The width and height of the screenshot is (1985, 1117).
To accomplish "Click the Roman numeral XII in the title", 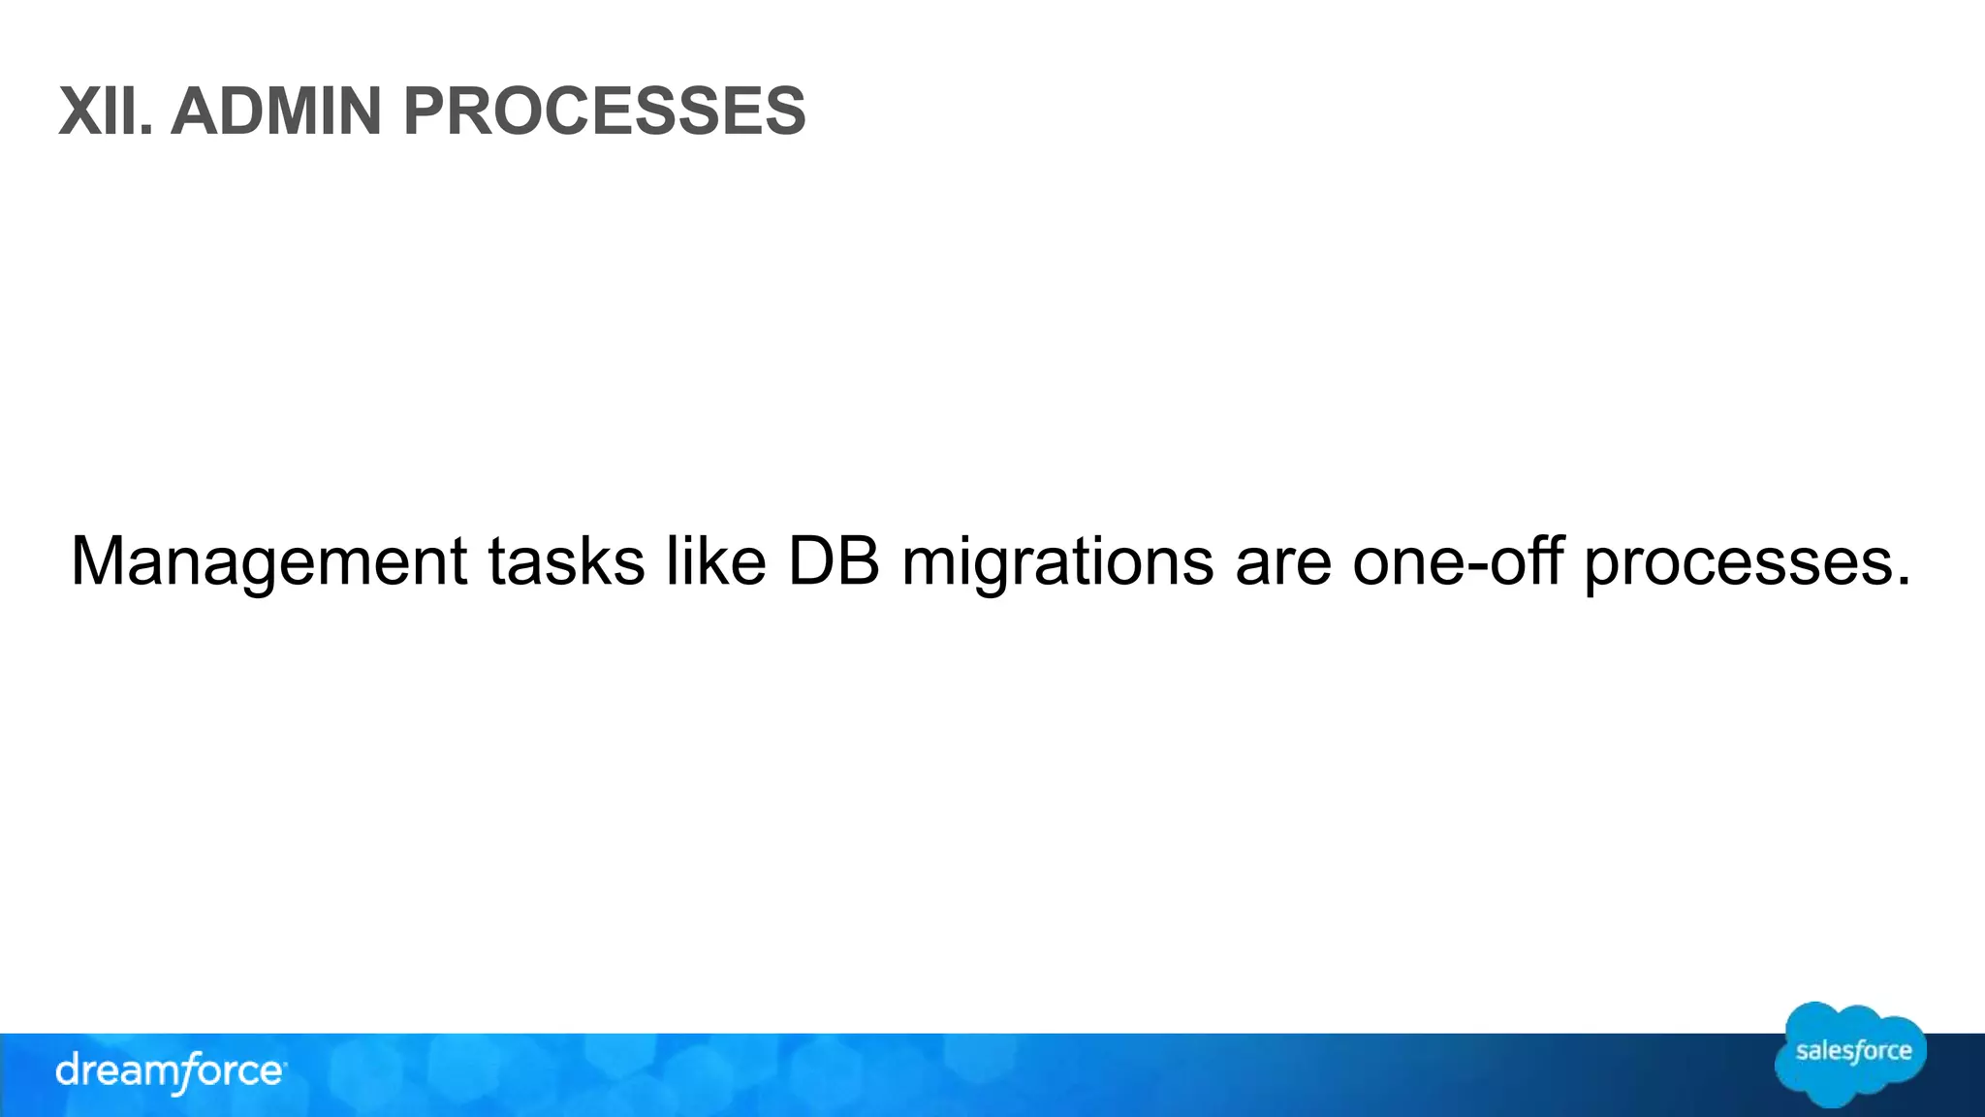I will (x=101, y=112).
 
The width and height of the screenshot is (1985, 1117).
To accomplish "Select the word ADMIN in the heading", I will (x=276, y=112).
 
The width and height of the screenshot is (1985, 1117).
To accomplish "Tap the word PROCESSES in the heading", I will (x=604, y=112).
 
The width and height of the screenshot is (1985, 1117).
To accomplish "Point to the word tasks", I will (x=566, y=562).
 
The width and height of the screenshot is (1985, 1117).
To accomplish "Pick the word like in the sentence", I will (x=716, y=562).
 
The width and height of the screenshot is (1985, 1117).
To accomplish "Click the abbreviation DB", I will (x=834, y=562).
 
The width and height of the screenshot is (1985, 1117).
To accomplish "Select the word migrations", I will (x=1057, y=562).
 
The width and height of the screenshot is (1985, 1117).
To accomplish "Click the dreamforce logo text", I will (x=171, y=1072).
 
